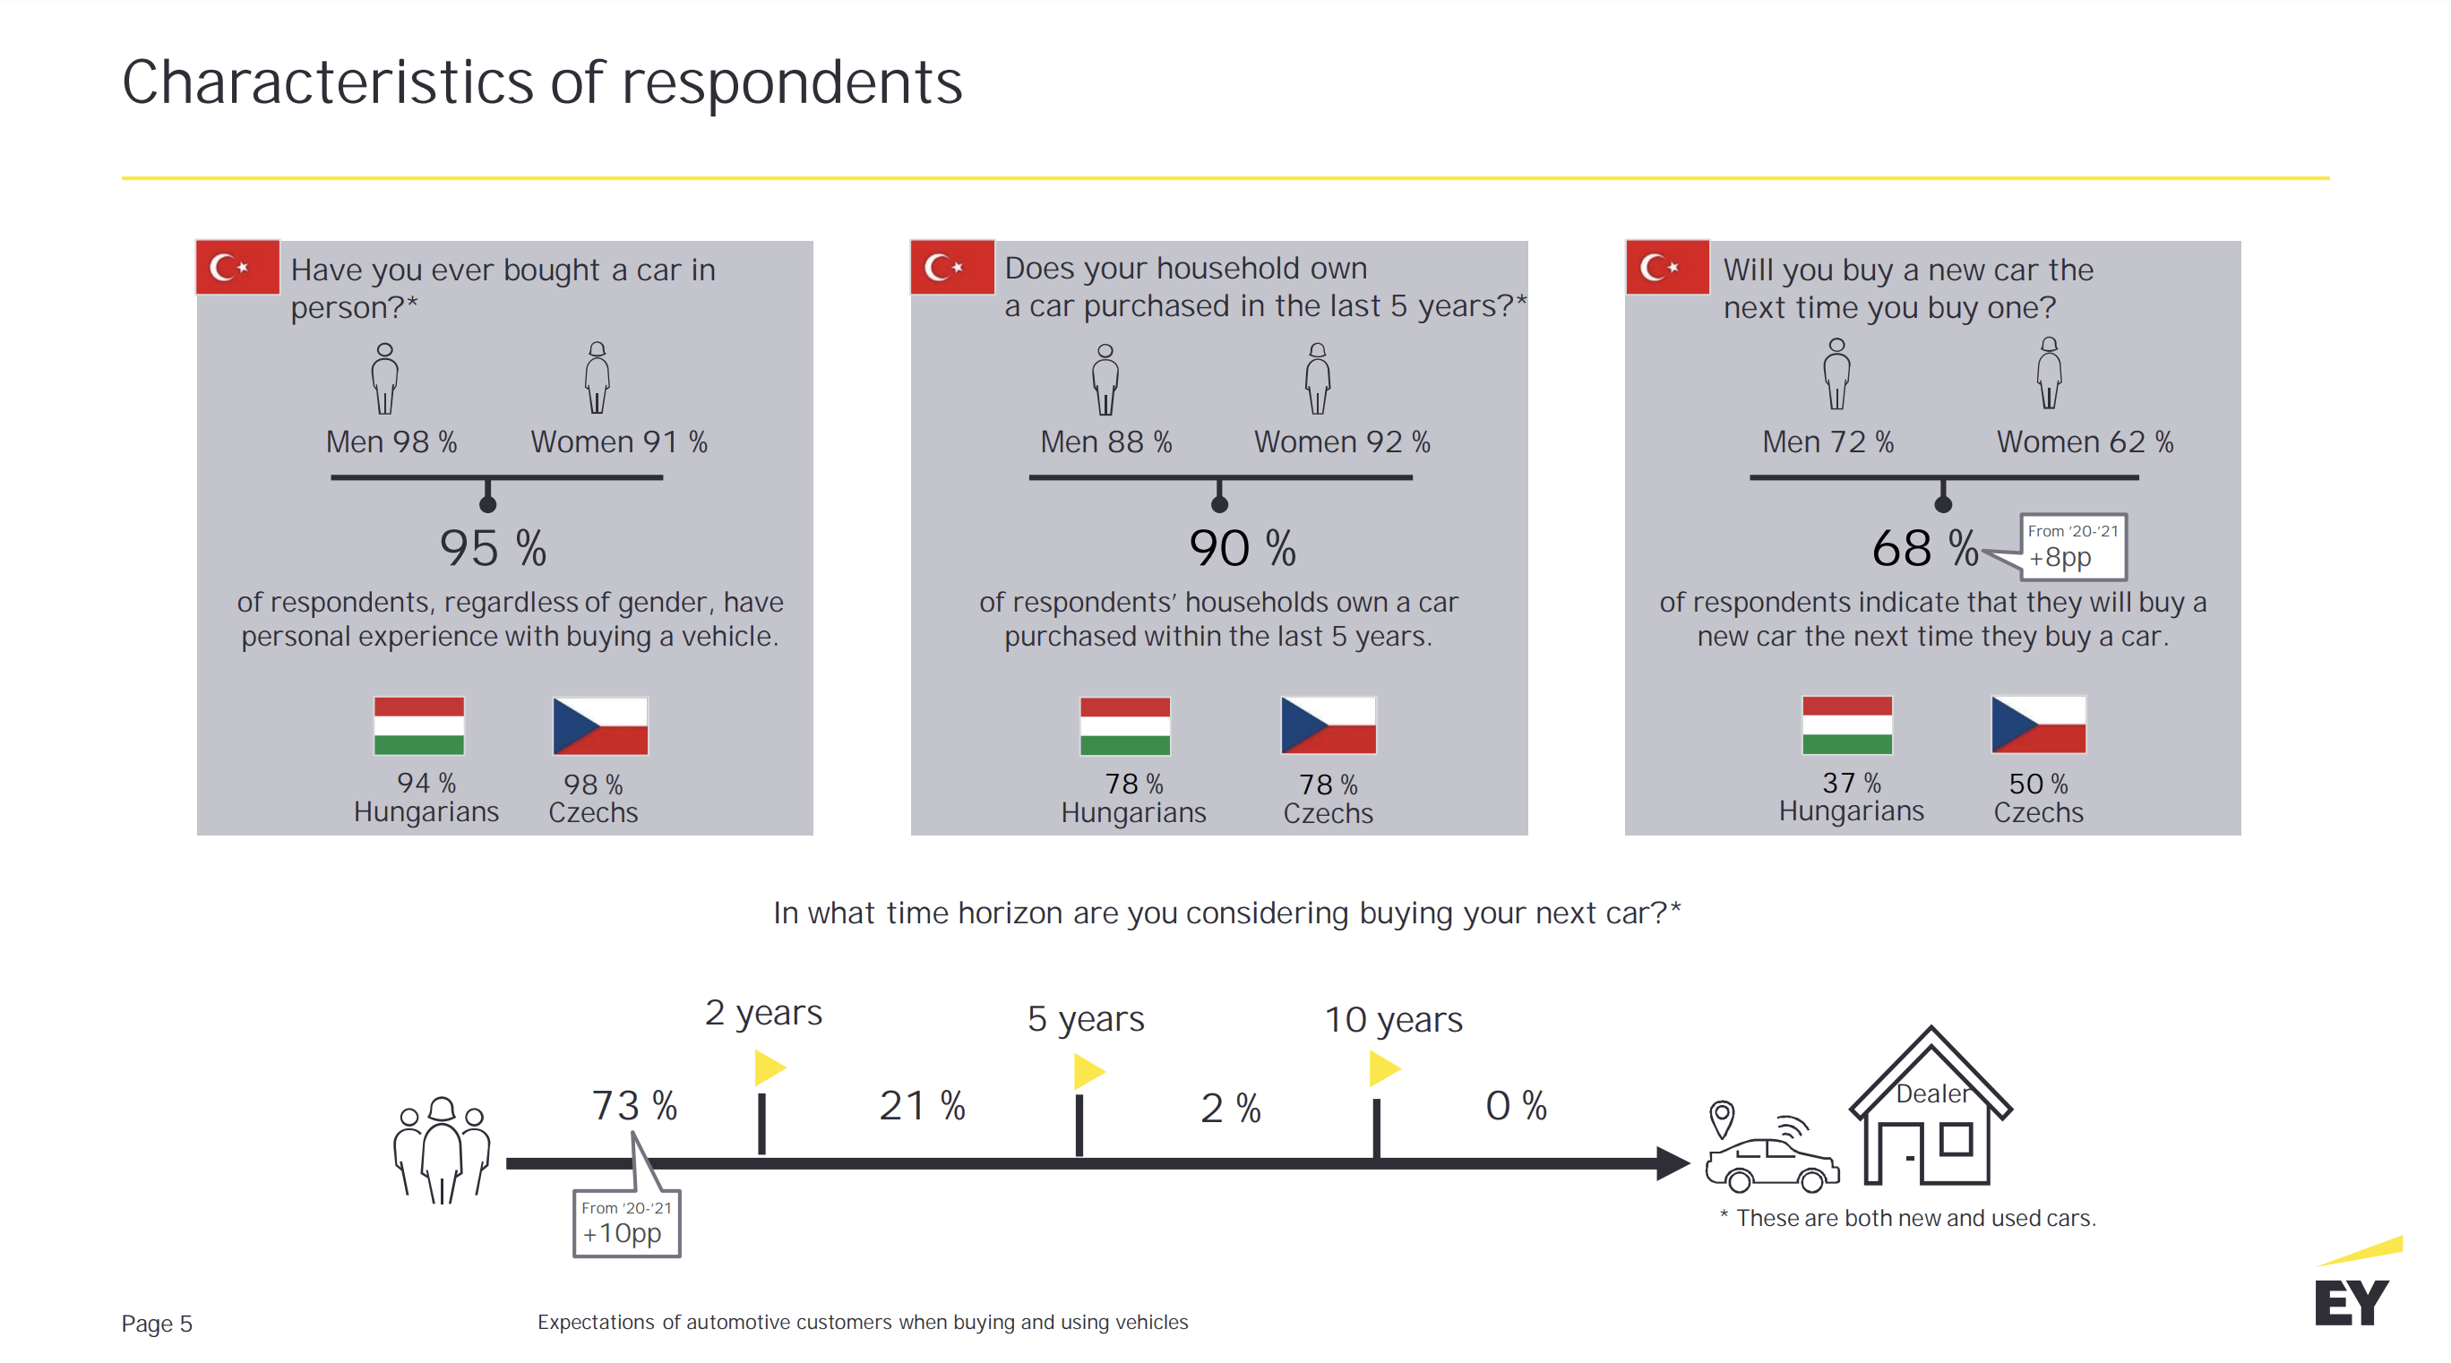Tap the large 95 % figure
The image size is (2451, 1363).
click(493, 549)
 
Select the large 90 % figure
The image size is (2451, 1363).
click(1242, 549)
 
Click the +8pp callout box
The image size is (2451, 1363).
click(2072, 547)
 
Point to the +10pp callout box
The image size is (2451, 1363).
click(626, 1223)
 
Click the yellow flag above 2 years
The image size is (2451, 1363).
click(769, 1067)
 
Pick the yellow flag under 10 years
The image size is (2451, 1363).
click(1382, 1069)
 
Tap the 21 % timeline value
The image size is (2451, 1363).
click(921, 1105)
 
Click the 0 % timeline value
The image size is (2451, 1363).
click(1516, 1105)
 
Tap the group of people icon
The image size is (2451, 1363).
click(442, 1149)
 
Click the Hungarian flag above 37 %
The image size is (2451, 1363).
click(1845, 724)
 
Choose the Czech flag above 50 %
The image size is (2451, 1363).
click(2038, 724)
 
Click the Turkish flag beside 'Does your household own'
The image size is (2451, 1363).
click(951, 267)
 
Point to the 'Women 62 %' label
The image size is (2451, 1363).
click(2084, 442)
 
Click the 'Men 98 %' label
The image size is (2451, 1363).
click(391, 442)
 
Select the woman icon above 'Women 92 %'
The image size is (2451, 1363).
click(1317, 379)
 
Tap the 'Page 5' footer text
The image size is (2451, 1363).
click(157, 1323)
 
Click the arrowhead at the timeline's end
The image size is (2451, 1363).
click(1671, 1162)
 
